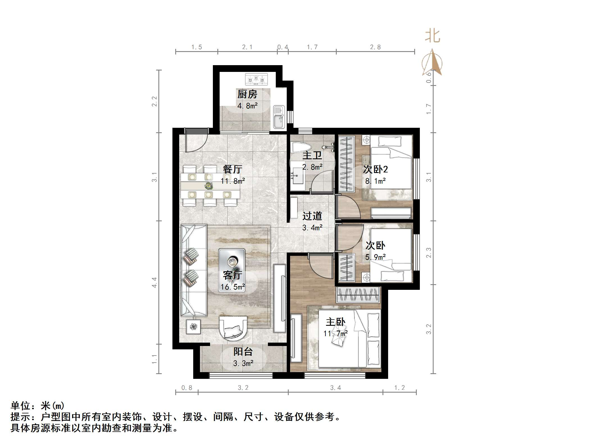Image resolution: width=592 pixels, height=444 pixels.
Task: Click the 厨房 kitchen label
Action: click(247, 94)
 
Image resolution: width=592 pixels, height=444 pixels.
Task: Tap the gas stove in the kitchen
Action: click(256, 79)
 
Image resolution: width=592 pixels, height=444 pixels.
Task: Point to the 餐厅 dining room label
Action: click(232, 169)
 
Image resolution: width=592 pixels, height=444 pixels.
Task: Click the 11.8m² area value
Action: click(233, 181)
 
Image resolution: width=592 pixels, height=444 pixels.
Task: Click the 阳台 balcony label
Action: click(243, 352)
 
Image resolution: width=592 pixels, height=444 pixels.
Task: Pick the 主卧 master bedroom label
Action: click(335, 322)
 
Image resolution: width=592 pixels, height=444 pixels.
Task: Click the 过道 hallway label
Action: click(312, 216)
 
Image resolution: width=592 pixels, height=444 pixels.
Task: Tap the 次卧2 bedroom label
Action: click(375, 169)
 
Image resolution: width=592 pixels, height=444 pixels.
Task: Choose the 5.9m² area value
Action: click(375, 257)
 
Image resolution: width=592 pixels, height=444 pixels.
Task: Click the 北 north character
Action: click(432, 36)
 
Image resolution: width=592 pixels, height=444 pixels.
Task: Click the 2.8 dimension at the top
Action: click(375, 47)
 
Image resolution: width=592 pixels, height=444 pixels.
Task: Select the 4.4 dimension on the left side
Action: click(154, 282)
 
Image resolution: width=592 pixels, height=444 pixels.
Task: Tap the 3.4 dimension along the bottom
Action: click(335, 388)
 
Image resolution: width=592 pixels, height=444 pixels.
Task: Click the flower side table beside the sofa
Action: click(193, 327)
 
